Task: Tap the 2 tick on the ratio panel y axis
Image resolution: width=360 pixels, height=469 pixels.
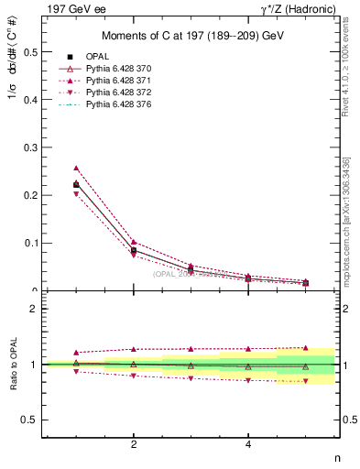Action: tap(34, 309)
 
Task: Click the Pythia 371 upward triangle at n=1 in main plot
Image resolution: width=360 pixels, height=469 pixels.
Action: tap(76, 169)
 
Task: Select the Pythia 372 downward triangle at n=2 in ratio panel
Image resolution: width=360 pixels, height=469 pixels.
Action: tap(134, 376)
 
